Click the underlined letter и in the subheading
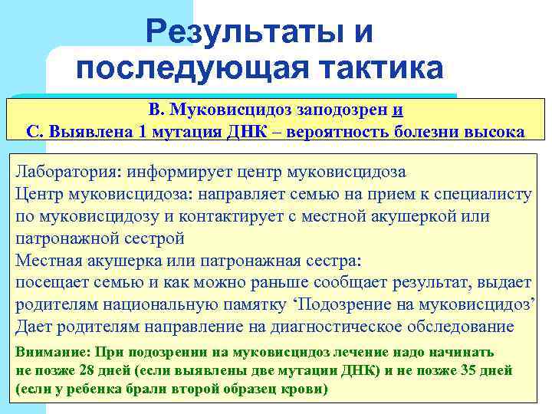(397, 110)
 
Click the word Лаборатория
(68, 170)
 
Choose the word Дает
(35, 327)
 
